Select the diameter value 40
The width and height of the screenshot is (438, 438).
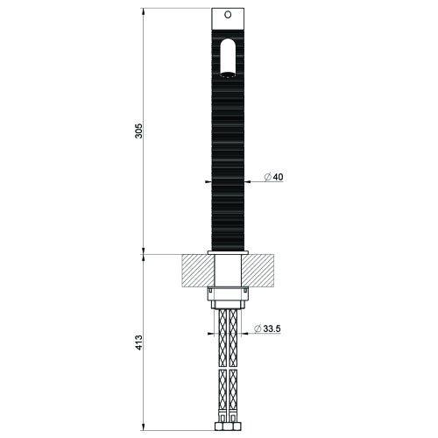point(279,178)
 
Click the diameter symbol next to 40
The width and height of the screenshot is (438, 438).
point(267,178)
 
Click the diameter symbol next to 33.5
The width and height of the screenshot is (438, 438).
point(257,329)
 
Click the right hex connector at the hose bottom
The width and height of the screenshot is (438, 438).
point(238,432)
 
